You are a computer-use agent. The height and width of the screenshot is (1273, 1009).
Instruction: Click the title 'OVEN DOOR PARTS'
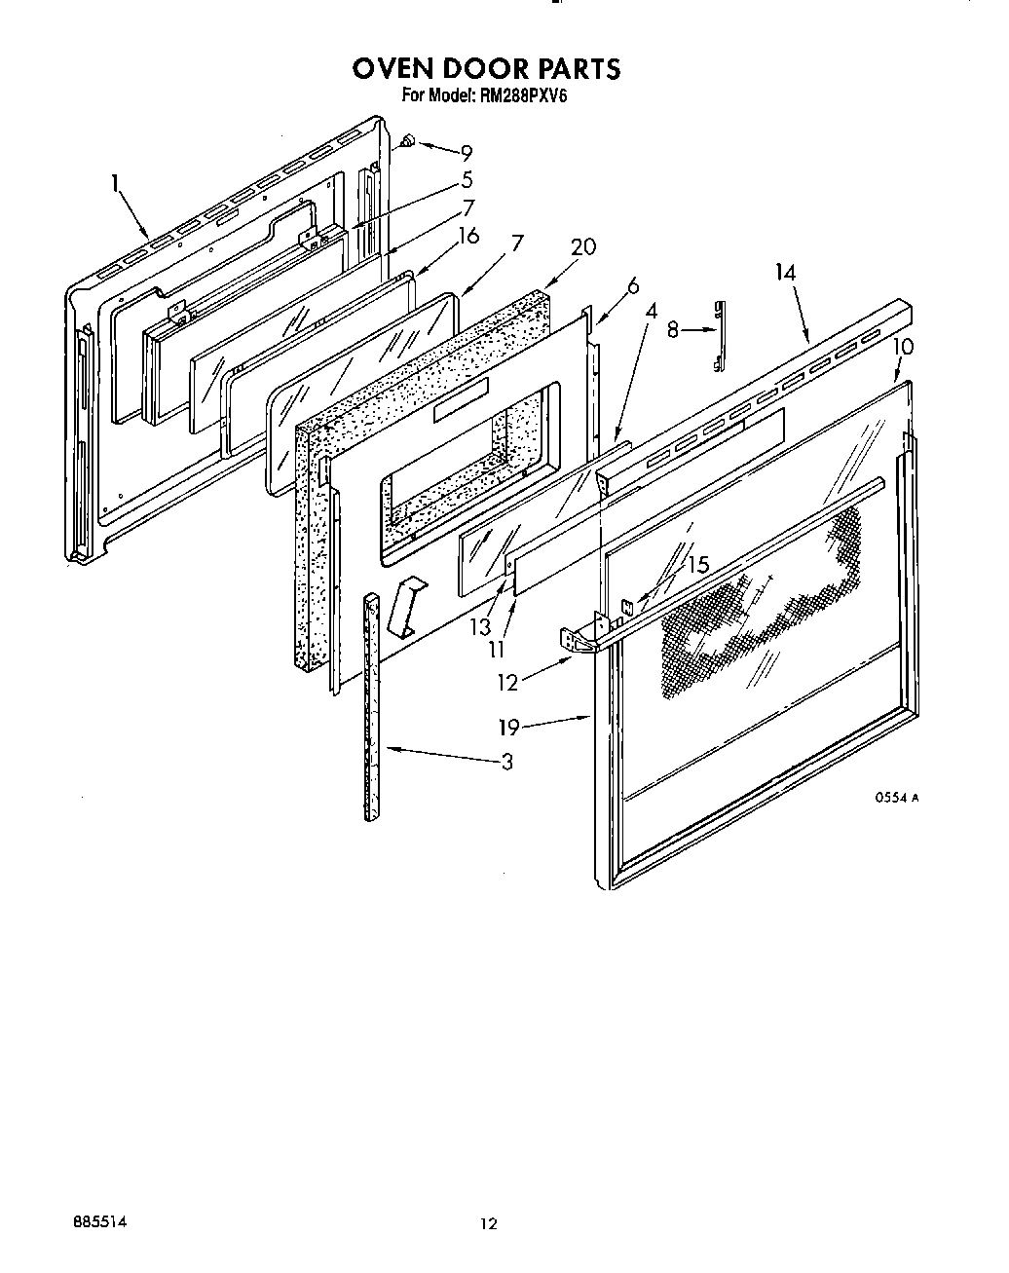point(485,69)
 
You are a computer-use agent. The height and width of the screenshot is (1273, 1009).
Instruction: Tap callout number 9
point(467,152)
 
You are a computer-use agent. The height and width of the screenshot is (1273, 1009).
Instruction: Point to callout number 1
point(115,181)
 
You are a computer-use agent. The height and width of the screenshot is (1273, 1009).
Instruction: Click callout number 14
point(785,274)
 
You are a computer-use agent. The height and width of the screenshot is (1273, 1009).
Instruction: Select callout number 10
point(902,347)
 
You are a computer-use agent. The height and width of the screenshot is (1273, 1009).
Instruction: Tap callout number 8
point(672,331)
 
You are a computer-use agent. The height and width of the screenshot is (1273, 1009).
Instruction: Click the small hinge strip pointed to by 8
point(721,335)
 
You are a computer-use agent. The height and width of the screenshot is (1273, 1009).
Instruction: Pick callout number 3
point(506,762)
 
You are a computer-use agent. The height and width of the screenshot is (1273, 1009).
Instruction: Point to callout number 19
point(507,726)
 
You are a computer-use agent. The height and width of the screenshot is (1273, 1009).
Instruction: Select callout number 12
point(507,683)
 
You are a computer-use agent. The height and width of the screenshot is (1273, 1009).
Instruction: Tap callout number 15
point(697,565)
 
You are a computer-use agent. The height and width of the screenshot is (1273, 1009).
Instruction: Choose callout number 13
point(480,627)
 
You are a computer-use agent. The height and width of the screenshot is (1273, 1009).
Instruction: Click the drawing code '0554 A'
point(896,797)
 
